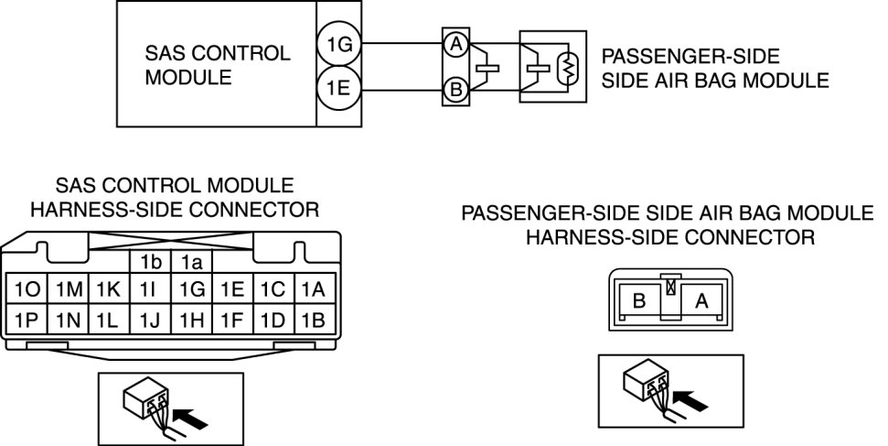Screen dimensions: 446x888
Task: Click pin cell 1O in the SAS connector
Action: (27, 290)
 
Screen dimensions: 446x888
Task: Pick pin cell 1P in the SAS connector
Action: (27, 320)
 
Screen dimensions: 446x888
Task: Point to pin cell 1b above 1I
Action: (151, 262)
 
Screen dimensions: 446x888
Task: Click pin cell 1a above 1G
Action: (191, 262)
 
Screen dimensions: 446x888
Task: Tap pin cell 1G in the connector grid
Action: (191, 290)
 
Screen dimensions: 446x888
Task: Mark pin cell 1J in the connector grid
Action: (151, 320)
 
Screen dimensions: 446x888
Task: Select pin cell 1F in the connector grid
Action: (233, 320)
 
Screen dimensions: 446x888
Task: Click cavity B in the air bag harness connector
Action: (639, 299)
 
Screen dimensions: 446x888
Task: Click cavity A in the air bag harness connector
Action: (701, 299)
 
